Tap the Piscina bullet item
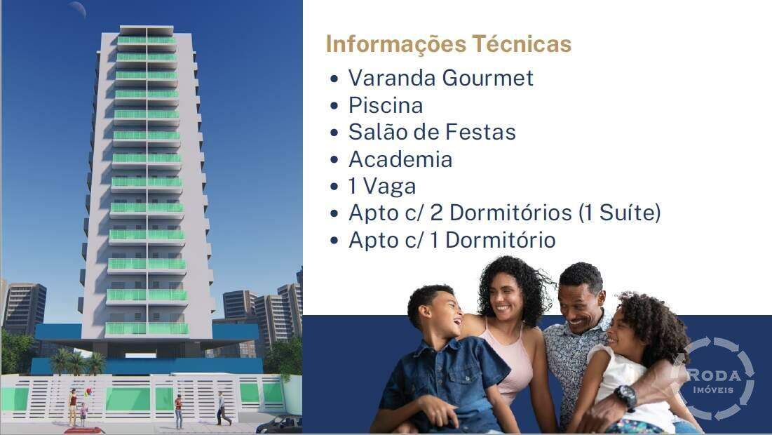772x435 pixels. click(386, 105)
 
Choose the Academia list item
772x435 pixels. click(400, 159)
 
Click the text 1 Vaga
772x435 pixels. click(382, 187)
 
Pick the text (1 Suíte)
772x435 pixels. click(620, 213)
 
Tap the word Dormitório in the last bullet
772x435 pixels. click(501, 240)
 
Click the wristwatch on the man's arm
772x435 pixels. click(625, 396)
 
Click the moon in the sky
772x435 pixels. click(77, 8)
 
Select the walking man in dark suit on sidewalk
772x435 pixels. click(222, 408)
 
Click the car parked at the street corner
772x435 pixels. click(280, 424)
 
